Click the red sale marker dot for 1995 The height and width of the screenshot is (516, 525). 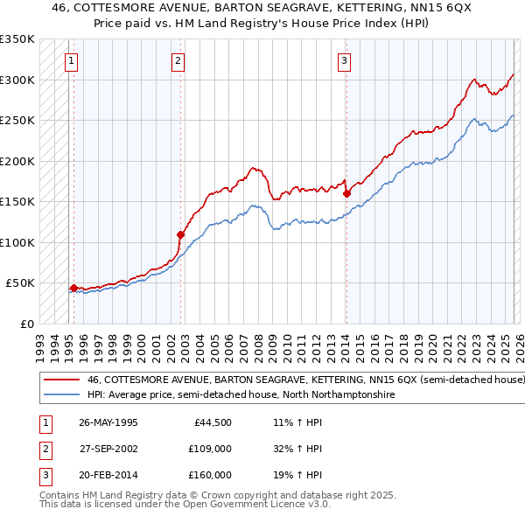click(x=73, y=288)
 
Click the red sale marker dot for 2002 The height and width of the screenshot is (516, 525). click(x=180, y=234)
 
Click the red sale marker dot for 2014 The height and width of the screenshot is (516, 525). click(x=346, y=193)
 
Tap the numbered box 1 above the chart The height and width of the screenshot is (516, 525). click(x=70, y=61)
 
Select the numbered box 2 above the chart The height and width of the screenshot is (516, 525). click(x=178, y=61)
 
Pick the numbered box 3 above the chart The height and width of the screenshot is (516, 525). click(x=344, y=61)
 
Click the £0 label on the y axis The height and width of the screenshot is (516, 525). click(x=26, y=324)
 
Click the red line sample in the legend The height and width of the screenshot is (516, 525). click(x=61, y=380)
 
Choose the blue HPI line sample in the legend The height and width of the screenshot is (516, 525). click(x=61, y=395)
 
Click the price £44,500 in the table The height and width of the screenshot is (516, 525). click(x=213, y=422)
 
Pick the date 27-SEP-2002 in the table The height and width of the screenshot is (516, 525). click(x=108, y=449)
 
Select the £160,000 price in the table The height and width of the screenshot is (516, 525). click(x=210, y=475)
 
